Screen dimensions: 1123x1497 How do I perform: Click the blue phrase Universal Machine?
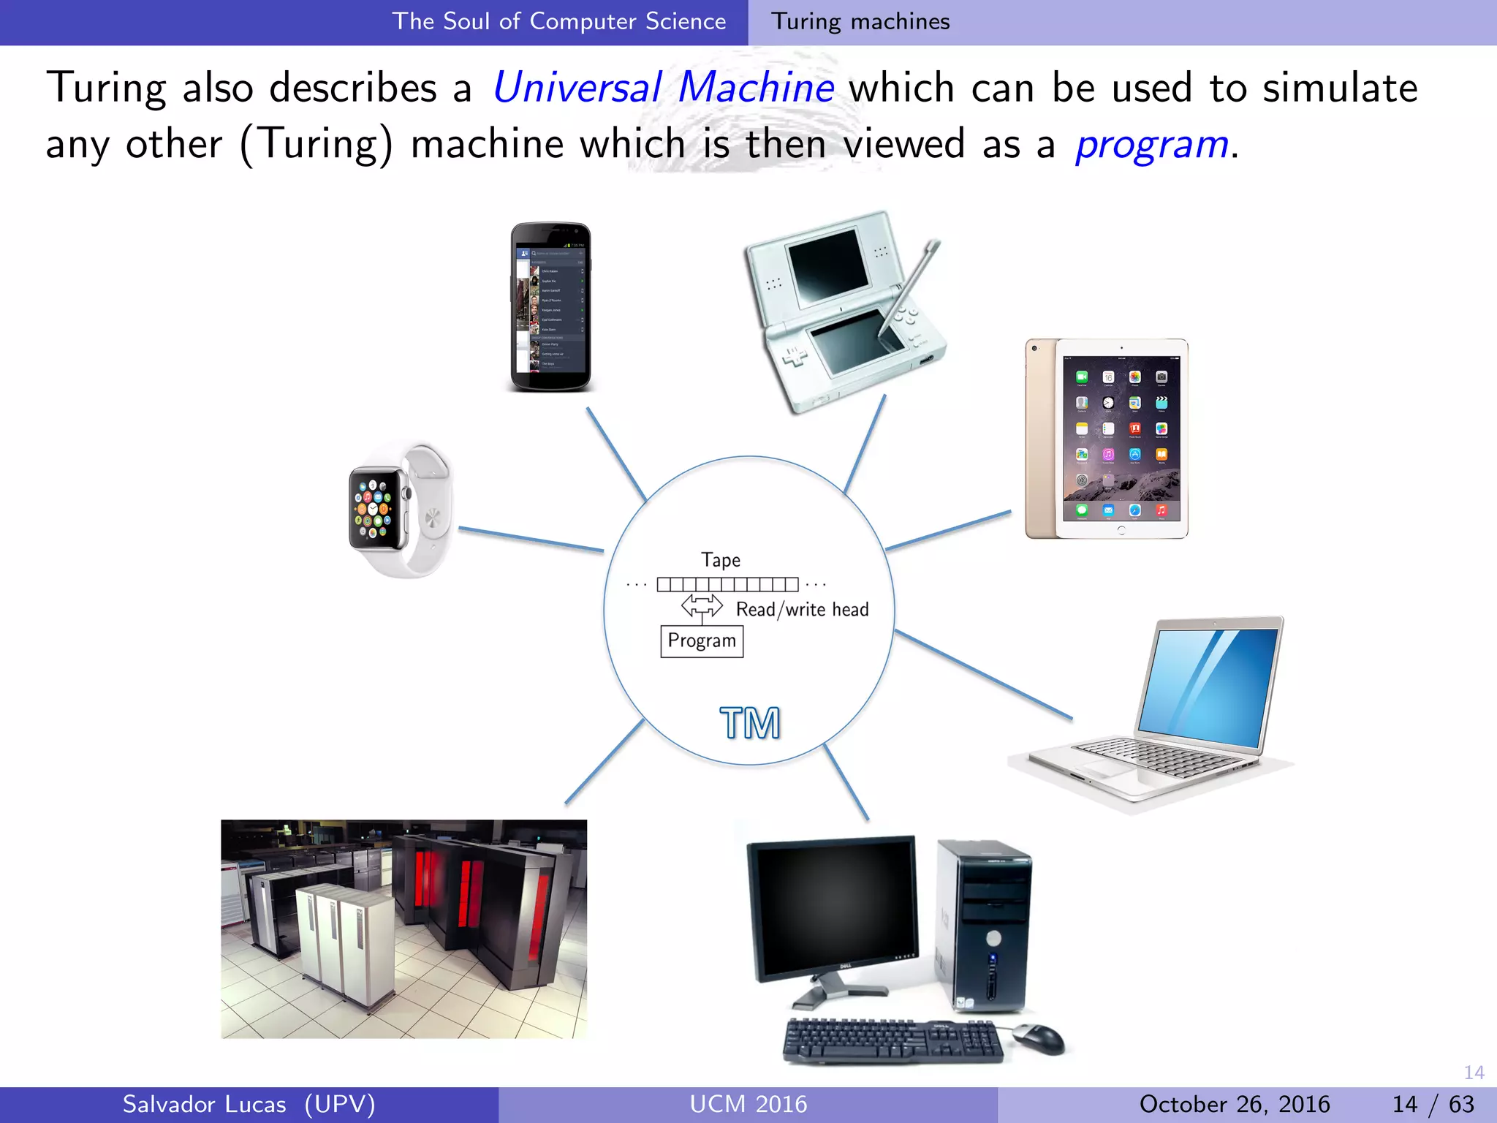point(663,88)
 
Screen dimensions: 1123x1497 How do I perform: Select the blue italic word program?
point(1152,145)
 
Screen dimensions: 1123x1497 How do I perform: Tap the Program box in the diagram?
point(702,641)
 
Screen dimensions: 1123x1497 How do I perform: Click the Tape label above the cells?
point(721,560)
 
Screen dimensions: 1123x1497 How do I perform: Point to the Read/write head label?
point(802,610)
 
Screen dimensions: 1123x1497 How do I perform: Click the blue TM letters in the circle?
point(750,723)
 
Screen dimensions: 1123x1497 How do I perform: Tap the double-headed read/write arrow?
point(702,605)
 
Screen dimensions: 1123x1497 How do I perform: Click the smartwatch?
point(398,510)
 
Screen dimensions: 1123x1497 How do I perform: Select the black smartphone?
point(550,307)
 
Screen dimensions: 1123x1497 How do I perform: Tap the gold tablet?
point(1107,439)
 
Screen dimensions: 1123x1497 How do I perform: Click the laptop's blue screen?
point(1209,684)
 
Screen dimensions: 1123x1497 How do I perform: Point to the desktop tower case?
point(984,925)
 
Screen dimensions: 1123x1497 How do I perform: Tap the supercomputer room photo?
point(403,929)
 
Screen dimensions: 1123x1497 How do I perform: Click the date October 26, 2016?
point(1234,1104)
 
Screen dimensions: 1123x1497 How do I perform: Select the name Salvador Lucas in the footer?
point(205,1104)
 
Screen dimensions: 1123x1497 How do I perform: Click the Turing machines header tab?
point(860,22)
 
